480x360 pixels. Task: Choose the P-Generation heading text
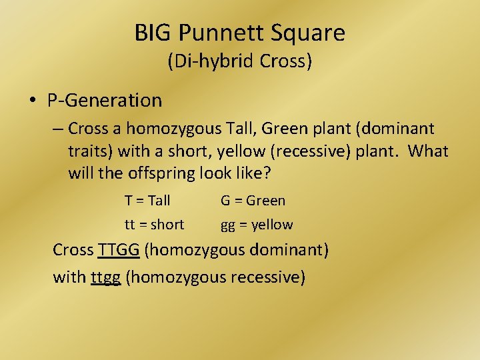tap(105, 101)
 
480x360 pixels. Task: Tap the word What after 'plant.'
tap(428, 151)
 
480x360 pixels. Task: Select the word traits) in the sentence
tap(89, 151)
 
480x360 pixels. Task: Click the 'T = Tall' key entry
tap(147, 200)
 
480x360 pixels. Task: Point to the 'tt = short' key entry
tap(154, 225)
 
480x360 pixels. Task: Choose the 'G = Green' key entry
tap(253, 200)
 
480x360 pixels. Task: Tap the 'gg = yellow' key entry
tap(257, 225)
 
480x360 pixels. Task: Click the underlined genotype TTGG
tap(119, 250)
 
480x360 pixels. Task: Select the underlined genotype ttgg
tap(105, 276)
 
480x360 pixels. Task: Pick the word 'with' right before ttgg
tap(69, 276)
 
